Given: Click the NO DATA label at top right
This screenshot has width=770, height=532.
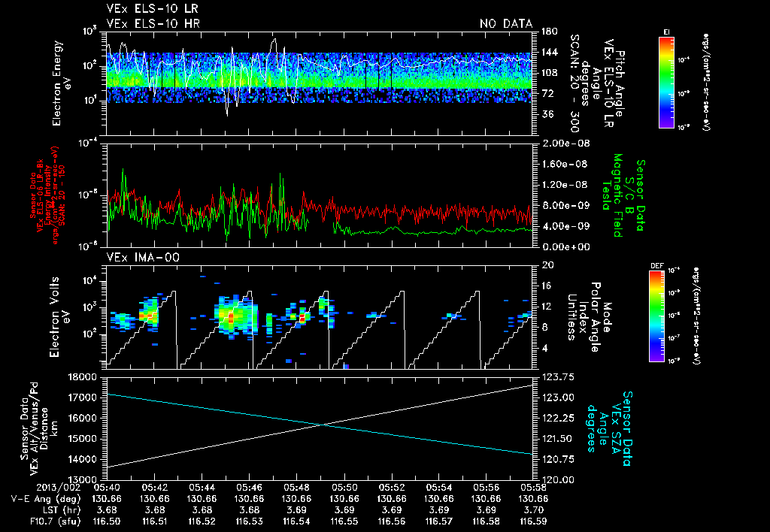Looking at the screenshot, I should point(506,24).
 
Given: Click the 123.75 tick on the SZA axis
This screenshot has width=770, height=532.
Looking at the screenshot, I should point(556,376).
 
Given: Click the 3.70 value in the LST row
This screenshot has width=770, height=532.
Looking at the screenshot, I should point(532,509).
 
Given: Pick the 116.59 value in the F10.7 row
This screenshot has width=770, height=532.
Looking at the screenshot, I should point(532,520).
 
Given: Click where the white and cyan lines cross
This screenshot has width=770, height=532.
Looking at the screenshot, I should point(323,425).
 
